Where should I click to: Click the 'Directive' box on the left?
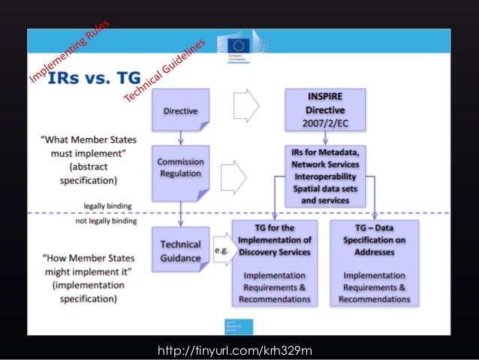[180, 110]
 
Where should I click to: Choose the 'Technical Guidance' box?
[180, 251]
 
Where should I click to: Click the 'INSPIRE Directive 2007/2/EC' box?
[324, 110]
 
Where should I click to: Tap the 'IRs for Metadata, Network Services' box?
[325, 174]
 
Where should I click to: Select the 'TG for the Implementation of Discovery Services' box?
[274, 263]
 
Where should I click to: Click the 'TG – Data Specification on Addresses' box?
[374, 263]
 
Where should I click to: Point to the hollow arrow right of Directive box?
[246, 105]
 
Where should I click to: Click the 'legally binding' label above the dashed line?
[110, 204]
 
